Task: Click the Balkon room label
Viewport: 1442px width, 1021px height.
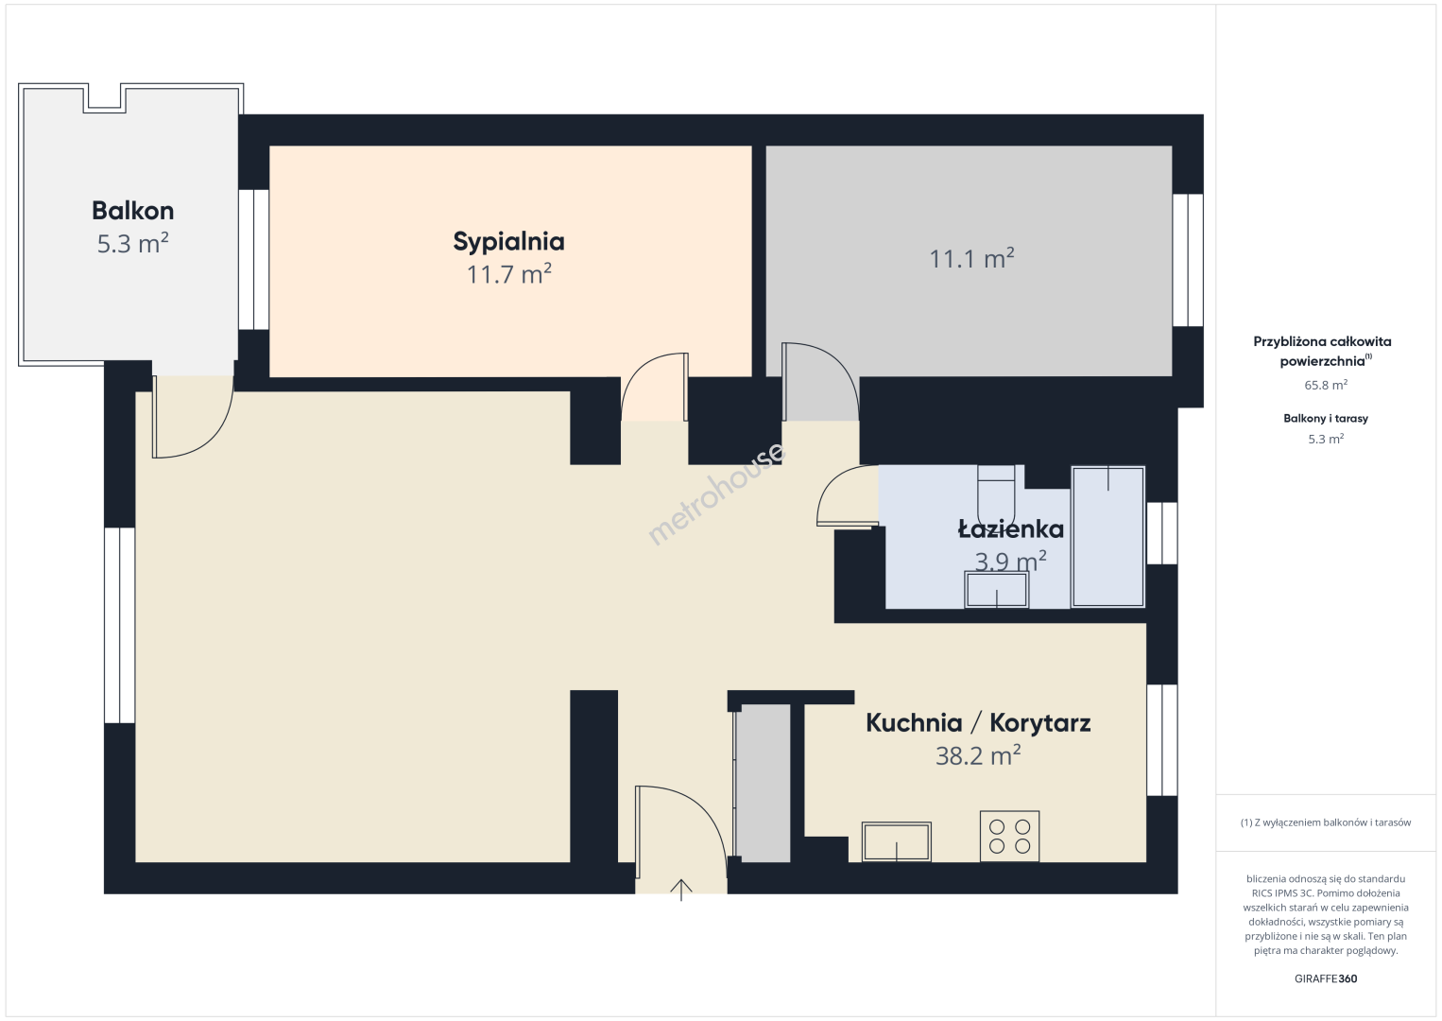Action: [x=132, y=211]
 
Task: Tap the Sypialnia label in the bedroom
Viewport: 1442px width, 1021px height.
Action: [x=508, y=242]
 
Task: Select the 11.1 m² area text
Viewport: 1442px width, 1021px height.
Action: [x=971, y=258]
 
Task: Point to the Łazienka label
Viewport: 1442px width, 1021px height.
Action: [x=1011, y=528]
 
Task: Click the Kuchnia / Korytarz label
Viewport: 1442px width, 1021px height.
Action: [x=978, y=723]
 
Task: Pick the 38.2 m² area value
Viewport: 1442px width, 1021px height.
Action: [x=978, y=755]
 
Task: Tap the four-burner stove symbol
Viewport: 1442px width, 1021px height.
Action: [x=1009, y=836]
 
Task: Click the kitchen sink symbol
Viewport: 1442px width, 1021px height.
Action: [x=897, y=841]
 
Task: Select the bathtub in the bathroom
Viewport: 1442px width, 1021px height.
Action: [x=1107, y=537]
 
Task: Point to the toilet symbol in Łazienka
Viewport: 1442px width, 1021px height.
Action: [x=996, y=493]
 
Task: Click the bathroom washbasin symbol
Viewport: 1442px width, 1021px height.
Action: [x=997, y=589]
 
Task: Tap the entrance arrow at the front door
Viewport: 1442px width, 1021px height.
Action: [x=681, y=890]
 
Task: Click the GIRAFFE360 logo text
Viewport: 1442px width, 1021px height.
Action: [x=1326, y=978]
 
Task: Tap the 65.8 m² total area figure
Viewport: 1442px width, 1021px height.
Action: [x=1326, y=385]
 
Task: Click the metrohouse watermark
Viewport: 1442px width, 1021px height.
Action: [x=716, y=494]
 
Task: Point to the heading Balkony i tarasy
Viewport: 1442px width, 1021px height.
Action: [x=1326, y=418]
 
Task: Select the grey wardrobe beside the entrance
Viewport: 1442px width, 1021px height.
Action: [x=763, y=783]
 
